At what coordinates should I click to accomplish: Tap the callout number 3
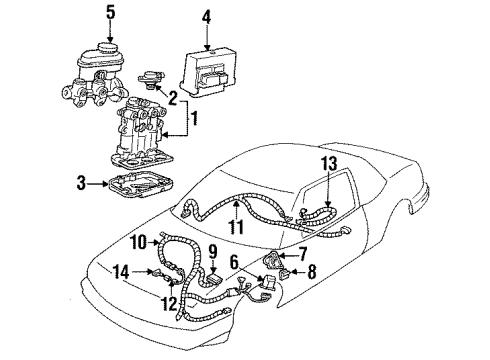tap(81, 183)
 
